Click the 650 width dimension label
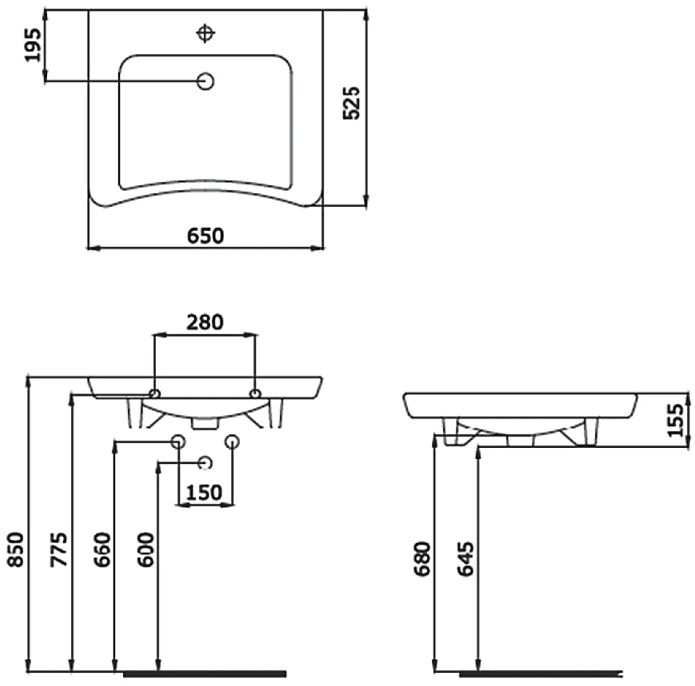pyautogui.click(x=205, y=236)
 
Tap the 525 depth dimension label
pyautogui.click(x=352, y=103)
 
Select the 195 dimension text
pyautogui.click(x=33, y=45)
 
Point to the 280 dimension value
pyautogui.click(x=205, y=322)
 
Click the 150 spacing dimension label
pyautogui.click(x=204, y=492)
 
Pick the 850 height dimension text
pyautogui.click(x=16, y=549)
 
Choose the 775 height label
pyautogui.click(x=59, y=549)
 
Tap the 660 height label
pyautogui.click(x=102, y=549)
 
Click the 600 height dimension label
pyautogui.click(x=146, y=549)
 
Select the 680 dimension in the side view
pyautogui.click(x=422, y=559)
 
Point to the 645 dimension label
pyautogui.click(x=466, y=559)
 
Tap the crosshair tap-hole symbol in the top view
pyautogui.click(x=206, y=33)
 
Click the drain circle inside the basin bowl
pyautogui.click(x=206, y=82)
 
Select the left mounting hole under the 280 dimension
pyautogui.click(x=154, y=394)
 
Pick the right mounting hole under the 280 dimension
pyautogui.click(x=255, y=394)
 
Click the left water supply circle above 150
pyautogui.click(x=178, y=441)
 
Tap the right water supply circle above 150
pyautogui.click(x=232, y=441)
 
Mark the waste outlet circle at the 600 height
pyautogui.click(x=205, y=463)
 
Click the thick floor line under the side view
pyautogui.click(x=541, y=674)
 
